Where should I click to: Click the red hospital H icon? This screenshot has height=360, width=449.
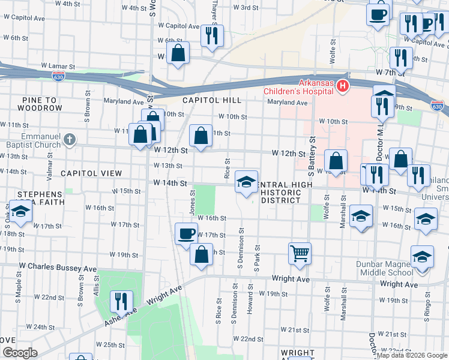343,86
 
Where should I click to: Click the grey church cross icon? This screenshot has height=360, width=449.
70,140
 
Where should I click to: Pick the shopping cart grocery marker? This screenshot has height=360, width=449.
299,253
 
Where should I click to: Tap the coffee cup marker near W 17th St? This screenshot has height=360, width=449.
186,233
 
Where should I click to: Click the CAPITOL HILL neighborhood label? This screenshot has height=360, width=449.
212,100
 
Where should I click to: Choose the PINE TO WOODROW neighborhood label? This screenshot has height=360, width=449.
40,104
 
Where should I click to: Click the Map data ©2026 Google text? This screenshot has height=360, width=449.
412,355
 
